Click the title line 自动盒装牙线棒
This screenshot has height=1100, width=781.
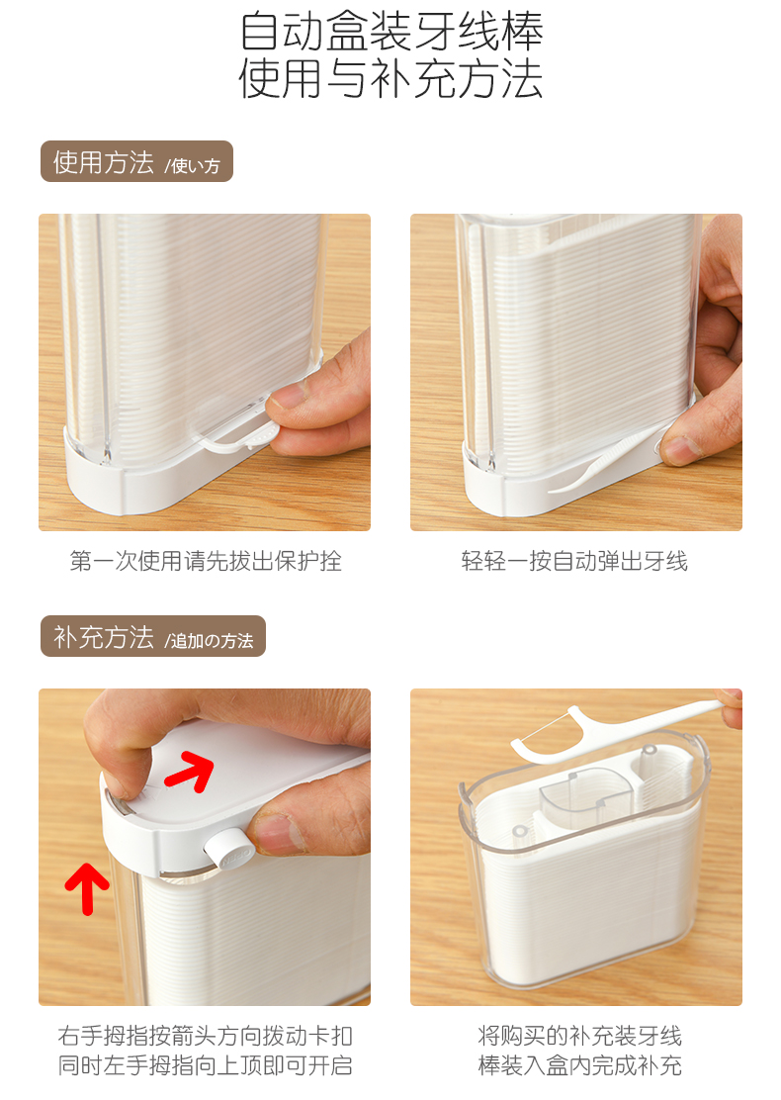click(x=391, y=31)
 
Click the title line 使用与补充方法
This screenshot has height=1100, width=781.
click(x=390, y=78)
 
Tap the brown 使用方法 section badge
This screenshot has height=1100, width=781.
click(x=136, y=162)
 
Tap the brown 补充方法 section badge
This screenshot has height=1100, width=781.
click(x=153, y=636)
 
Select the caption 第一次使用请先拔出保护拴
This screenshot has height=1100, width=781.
click(x=206, y=561)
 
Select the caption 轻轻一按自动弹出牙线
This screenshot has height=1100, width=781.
click(x=575, y=561)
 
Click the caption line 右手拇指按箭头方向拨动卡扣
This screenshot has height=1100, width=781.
click(x=205, y=1036)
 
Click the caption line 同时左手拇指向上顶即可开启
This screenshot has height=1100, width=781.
click(x=205, y=1065)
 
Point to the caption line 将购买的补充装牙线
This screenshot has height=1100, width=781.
click(x=579, y=1036)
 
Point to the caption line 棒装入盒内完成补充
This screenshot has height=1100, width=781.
click(x=579, y=1065)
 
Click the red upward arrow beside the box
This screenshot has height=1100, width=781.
click(x=87, y=889)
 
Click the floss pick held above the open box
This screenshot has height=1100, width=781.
click(x=617, y=730)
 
